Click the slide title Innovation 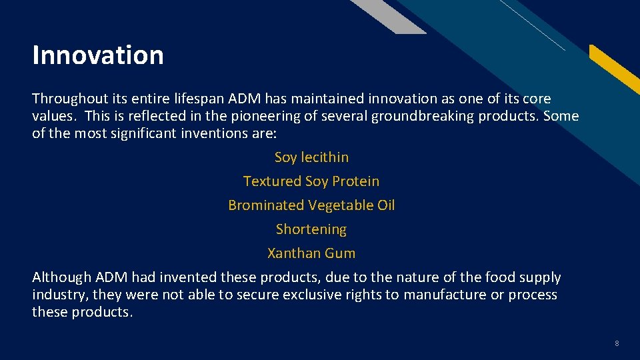tap(98, 55)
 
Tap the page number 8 tap(617, 343)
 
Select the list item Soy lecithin tap(311, 157)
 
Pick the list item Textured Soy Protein tap(311, 181)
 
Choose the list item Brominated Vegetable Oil tap(311, 205)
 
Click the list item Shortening tap(311, 229)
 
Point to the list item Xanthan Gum tap(311, 253)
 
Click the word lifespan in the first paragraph tap(199, 99)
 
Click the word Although tap(62, 277)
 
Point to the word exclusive tap(302, 295)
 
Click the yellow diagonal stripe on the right tap(617, 70)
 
